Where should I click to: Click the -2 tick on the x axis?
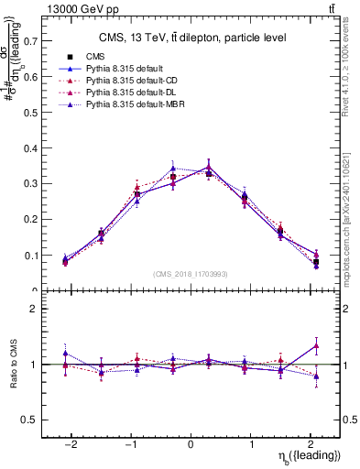(71, 443)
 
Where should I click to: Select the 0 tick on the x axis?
(191, 443)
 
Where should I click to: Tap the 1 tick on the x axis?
(250, 443)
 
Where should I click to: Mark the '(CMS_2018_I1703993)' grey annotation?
(191, 275)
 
